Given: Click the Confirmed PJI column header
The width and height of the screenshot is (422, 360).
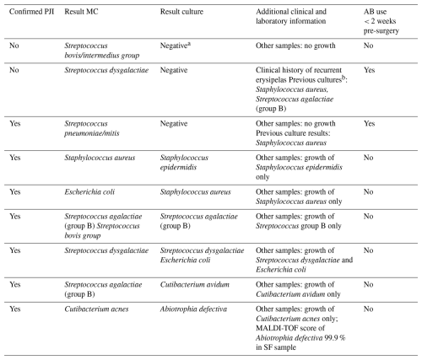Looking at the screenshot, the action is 31,12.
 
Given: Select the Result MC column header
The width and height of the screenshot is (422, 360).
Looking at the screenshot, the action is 81,12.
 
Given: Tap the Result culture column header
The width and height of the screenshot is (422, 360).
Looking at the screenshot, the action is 181,12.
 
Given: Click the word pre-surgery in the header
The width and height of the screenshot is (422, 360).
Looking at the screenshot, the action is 381,30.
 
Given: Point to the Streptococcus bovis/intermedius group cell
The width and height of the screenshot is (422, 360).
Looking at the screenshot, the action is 102,51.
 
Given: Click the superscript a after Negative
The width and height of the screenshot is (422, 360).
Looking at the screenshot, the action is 189,44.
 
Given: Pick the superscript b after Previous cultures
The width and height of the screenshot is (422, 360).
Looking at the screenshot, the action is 344,78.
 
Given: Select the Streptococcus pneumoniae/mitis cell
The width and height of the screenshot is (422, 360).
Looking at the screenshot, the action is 92,128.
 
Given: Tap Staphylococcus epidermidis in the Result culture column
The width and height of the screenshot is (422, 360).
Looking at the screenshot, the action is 184,163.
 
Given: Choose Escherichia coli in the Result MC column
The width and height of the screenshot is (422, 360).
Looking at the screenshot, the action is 89,192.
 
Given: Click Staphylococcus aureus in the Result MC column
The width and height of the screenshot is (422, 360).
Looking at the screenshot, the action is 100,158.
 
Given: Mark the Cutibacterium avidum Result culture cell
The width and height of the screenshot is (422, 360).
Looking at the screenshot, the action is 195,285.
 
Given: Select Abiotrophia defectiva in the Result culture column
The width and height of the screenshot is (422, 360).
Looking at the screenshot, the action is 193,309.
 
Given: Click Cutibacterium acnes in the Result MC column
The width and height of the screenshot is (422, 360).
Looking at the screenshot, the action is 96,309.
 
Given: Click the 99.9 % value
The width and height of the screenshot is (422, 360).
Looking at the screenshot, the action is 335,337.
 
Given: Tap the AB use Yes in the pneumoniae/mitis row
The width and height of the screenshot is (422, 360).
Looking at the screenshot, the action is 369,124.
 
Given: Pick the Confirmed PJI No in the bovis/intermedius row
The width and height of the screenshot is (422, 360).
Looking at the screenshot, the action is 14,46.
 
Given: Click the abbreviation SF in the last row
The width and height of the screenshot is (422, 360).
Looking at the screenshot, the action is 268,347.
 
